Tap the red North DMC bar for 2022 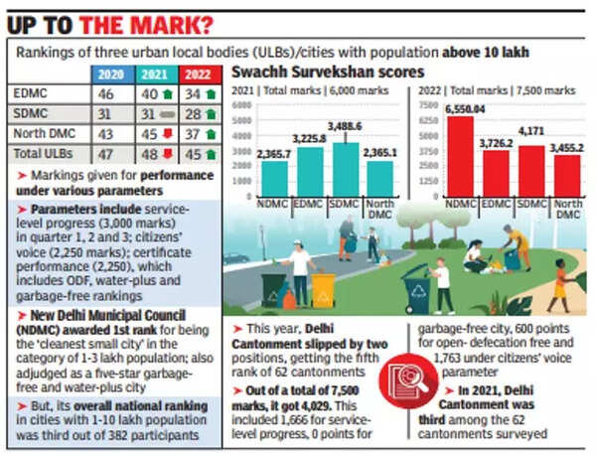[567, 176]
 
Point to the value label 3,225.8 [311, 140]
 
